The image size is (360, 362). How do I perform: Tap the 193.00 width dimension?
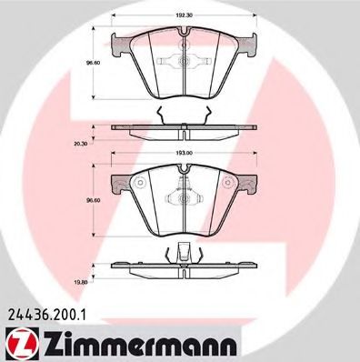185,154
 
